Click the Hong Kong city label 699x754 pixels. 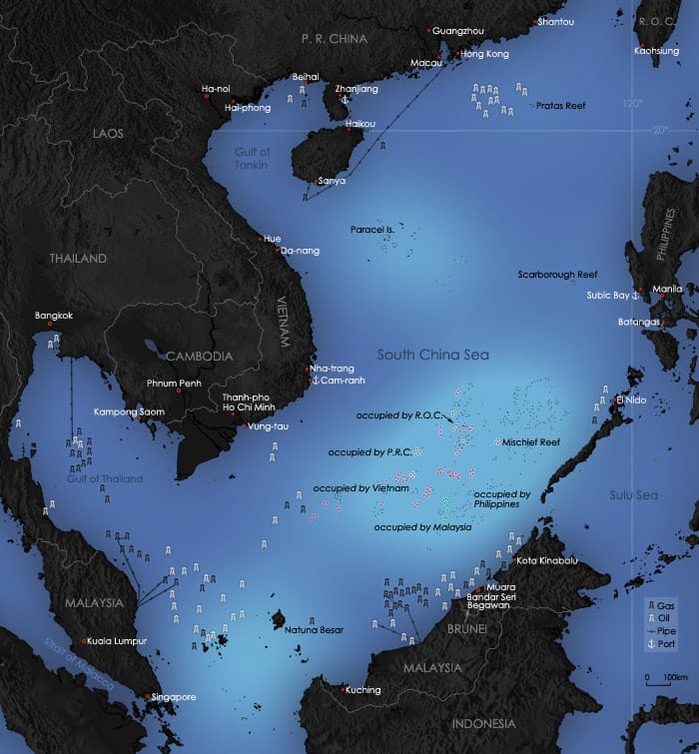(x=485, y=54)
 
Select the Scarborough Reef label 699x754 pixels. (x=557, y=275)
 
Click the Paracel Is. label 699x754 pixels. (x=373, y=230)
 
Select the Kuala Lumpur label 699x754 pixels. (x=118, y=641)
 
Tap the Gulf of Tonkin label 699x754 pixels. (x=253, y=158)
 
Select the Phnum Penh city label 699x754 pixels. (x=175, y=382)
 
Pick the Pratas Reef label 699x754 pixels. (x=560, y=105)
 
